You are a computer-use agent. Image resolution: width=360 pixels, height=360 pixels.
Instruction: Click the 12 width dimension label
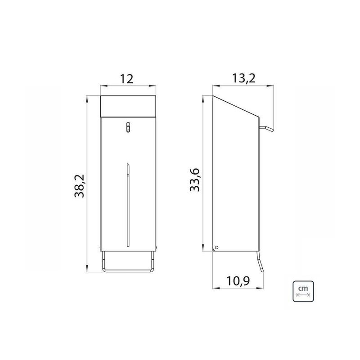point(127,79)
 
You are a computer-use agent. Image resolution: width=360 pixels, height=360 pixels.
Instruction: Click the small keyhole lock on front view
point(128,127)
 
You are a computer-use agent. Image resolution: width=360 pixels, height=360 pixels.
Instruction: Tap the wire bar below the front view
point(128,269)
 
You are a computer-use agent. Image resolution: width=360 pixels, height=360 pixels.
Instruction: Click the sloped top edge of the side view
point(236,105)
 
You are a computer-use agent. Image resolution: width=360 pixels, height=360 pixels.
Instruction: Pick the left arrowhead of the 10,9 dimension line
point(214,288)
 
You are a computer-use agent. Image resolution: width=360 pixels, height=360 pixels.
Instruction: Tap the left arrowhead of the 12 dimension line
point(101,86)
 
